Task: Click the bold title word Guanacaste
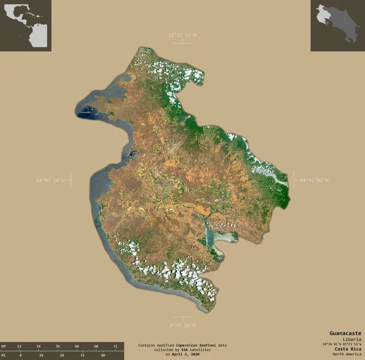(x=345, y=333)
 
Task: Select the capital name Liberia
(x=352, y=339)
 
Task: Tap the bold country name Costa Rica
(x=347, y=348)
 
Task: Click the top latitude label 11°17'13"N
(x=182, y=35)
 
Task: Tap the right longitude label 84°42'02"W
(x=314, y=180)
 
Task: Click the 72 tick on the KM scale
(x=114, y=345)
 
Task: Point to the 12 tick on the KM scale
(x=19, y=345)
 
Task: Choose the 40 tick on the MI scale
(x=103, y=354)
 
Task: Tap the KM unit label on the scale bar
(x=4, y=345)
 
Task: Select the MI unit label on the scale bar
(x=4, y=354)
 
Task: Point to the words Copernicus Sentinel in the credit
(x=196, y=345)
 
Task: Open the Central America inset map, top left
(x=26, y=26)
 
